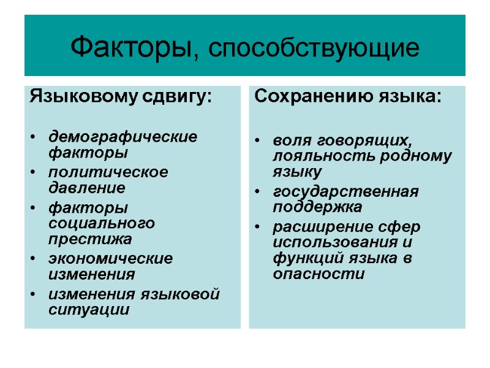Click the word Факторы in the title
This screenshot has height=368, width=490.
(132, 47)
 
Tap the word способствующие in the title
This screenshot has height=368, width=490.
(314, 48)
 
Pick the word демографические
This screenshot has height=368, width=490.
(123, 136)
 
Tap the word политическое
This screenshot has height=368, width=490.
(108, 172)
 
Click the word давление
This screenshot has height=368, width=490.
(86, 187)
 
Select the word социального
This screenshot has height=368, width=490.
(102, 223)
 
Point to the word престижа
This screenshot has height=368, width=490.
(90, 238)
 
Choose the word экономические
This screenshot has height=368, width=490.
(111, 259)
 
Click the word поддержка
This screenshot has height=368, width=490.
(318, 207)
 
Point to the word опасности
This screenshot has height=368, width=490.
(319, 274)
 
